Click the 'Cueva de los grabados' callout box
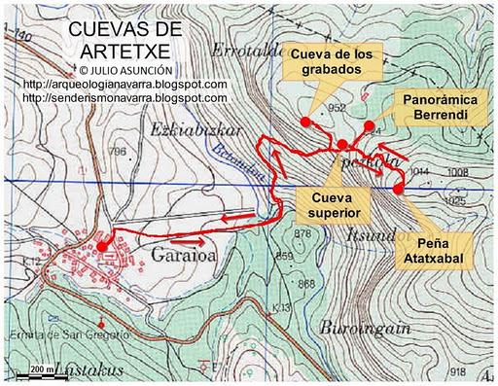click(332, 61)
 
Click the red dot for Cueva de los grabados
click(305, 122)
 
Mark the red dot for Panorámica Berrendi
click(368, 125)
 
